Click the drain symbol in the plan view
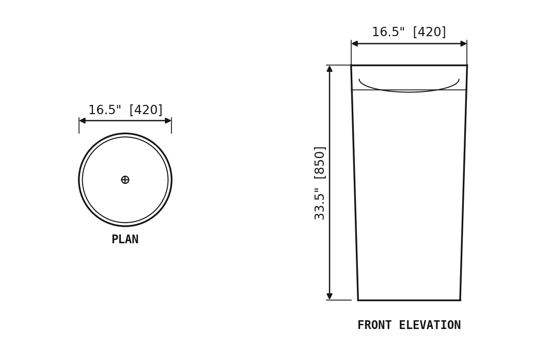click(x=125, y=180)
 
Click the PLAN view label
click(x=125, y=240)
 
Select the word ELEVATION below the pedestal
click(x=430, y=325)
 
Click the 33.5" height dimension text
click(x=319, y=204)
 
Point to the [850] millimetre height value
click(x=320, y=163)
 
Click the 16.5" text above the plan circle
click(x=104, y=110)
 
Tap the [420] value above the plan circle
click(x=146, y=110)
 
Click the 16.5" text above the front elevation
click(x=388, y=32)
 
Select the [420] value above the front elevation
click(x=430, y=32)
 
